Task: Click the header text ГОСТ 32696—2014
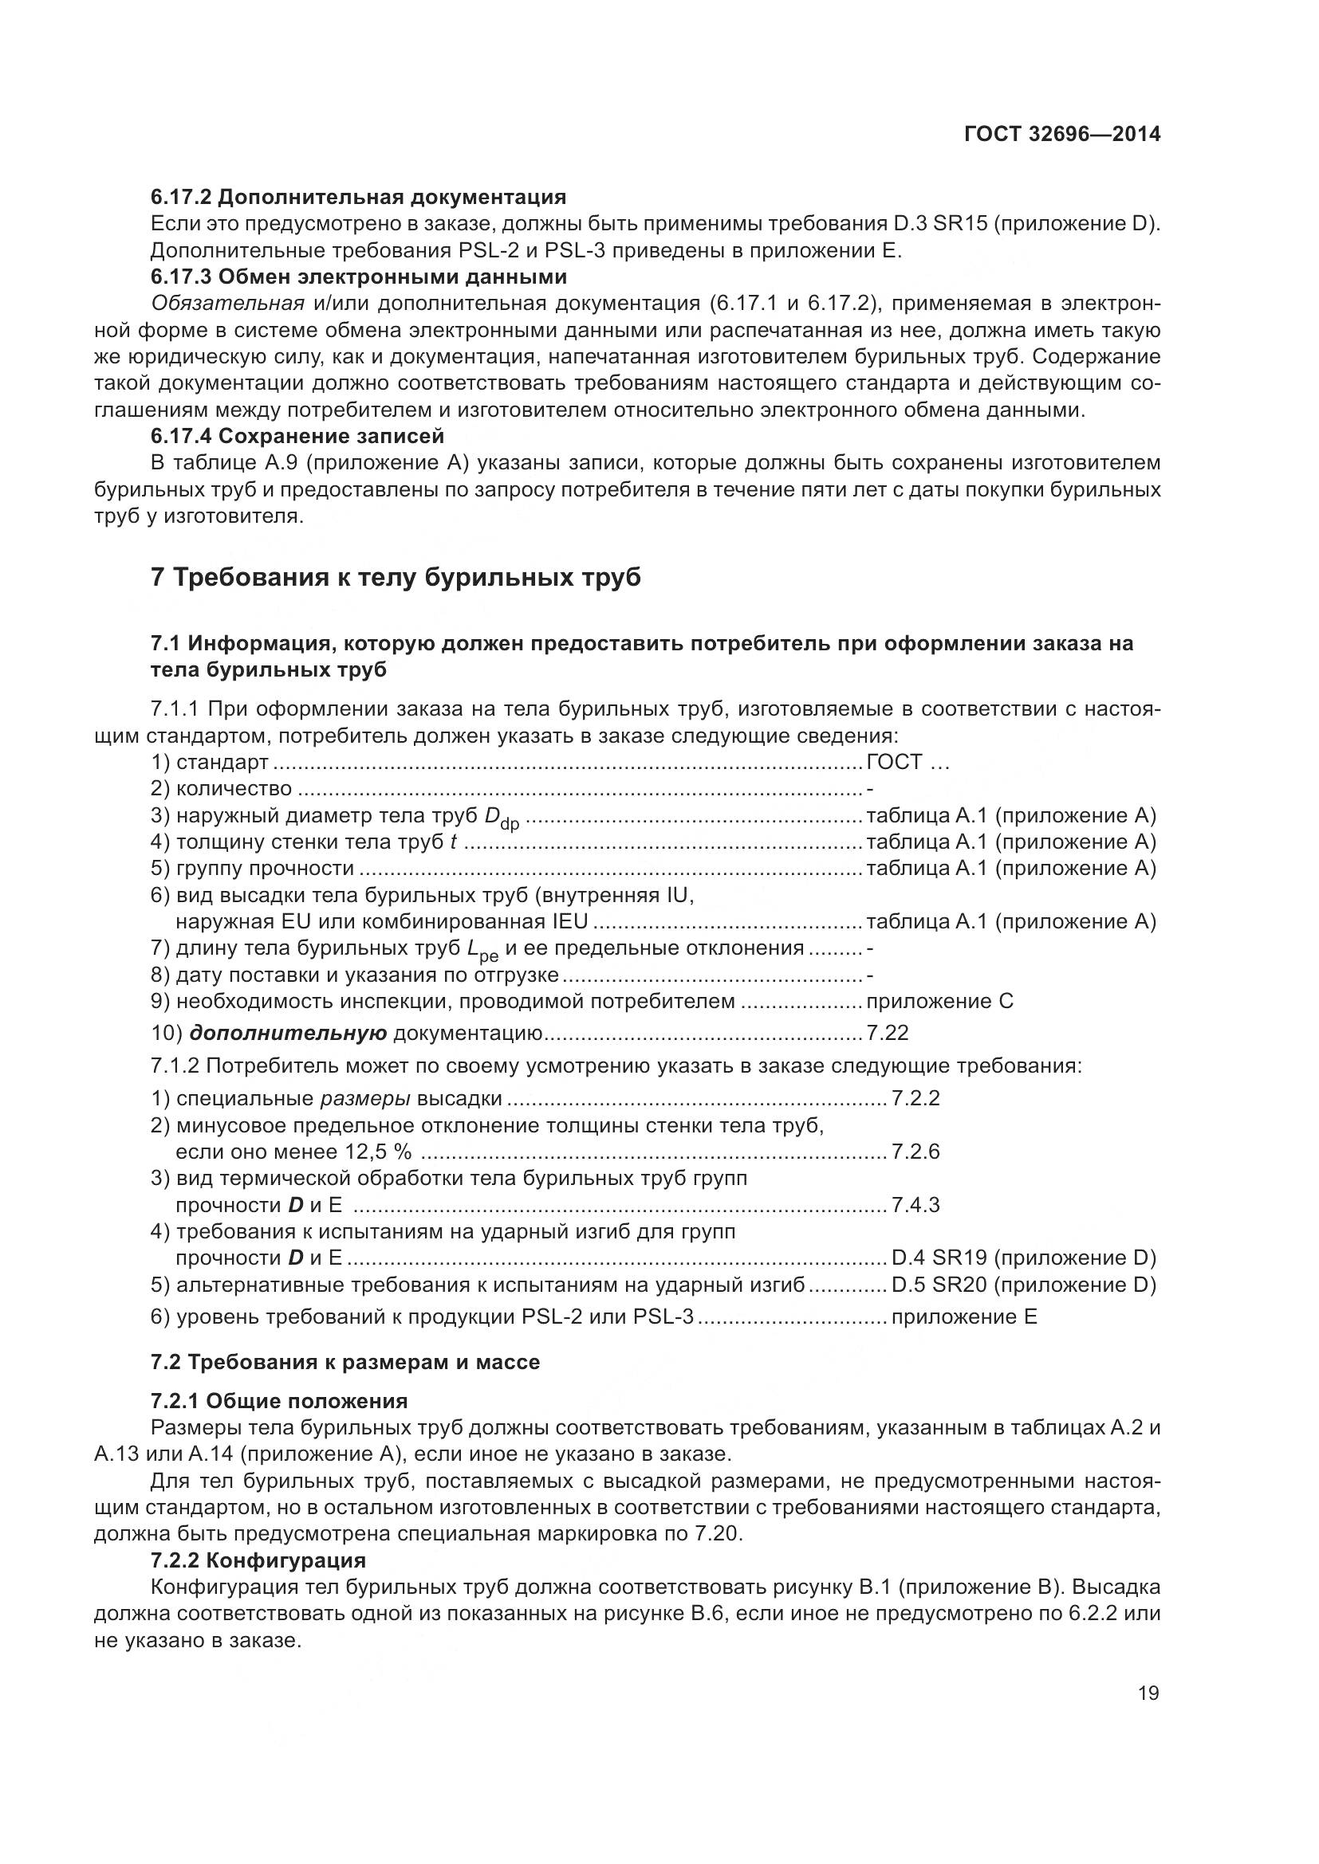pos(1061,135)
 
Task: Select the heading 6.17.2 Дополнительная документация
pos(358,197)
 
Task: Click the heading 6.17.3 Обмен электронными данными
pos(358,277)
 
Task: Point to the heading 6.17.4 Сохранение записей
pos(297,436)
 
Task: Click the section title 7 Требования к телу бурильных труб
pos(396,577)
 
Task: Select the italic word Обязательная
pos(227,304)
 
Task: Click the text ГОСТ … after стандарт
pos(908,763)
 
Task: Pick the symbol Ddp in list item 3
pos(501,818)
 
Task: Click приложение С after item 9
pos(939,1001)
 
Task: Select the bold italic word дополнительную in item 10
pos(289,1033)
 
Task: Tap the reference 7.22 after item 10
pos(887,1033)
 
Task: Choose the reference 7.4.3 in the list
pos(915,1205)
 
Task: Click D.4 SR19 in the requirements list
pos(939,1258)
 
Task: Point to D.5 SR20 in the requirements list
pos(939,1285)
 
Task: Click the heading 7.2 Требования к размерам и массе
pos(345,1361)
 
